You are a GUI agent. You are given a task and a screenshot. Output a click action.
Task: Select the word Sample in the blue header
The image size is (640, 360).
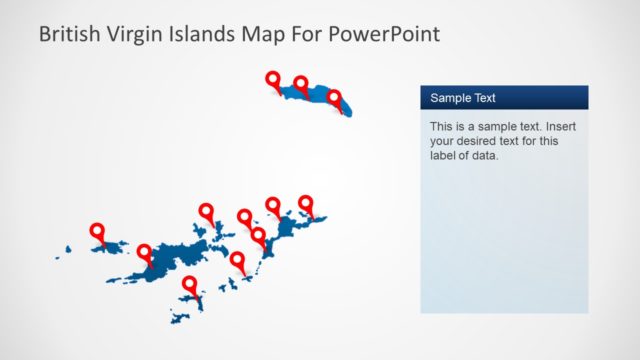[x=452, y=98]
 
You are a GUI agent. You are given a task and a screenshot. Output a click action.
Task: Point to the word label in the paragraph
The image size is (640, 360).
[x=445, y=155]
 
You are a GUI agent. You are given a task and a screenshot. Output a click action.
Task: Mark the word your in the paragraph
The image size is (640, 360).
[x=443, y=141]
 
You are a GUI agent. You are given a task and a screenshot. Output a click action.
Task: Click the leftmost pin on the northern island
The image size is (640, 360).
[x=272, y=79]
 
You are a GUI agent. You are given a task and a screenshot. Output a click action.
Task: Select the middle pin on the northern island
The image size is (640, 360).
[x=301, y=83]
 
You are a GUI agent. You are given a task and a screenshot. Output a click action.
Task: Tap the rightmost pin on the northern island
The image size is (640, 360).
[x=334, y=97]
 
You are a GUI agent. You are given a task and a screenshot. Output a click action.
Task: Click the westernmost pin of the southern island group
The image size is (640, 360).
[x=97, y=231]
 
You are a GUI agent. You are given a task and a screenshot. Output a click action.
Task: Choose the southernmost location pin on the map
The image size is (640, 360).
[x=189, y=284]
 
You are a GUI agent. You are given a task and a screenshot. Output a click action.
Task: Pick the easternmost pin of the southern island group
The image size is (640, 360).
[x=306, y=203]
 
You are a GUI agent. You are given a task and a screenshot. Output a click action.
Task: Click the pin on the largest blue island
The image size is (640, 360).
[x=145, y=252]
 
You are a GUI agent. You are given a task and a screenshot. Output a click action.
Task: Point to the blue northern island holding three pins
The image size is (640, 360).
[x=316, y=96]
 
